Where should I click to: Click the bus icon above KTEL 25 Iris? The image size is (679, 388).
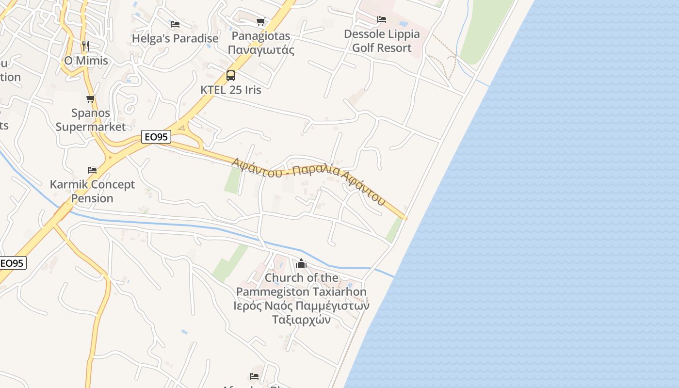(231, 76)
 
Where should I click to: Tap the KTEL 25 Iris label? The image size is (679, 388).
(231, 90)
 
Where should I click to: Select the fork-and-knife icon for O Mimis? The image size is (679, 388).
(86, 46)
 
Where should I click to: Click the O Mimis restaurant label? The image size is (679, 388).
(86, 61)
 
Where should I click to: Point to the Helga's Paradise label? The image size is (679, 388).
(175, 38)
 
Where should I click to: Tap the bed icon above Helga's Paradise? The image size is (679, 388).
(175, 24)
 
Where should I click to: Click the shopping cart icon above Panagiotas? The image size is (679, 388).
(261, 21)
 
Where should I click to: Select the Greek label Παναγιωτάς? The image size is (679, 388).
(261, 49)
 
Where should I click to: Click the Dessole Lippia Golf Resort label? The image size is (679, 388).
(382, 41)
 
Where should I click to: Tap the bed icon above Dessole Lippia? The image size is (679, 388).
(382, 19)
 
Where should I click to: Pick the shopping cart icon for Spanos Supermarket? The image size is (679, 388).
(90, 99)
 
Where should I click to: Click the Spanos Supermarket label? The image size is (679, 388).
(91, 120)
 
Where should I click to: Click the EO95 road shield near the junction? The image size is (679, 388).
(156, 137)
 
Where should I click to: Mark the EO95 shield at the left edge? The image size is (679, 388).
(12, 263)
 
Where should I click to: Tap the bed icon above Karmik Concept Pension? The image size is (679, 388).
(92, 170)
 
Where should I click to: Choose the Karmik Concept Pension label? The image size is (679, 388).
(92, 191)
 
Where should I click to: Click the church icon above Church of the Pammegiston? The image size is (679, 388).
(301, 263)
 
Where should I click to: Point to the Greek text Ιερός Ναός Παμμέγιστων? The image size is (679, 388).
(301, 306)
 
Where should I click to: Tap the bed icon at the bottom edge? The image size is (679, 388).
(254, 376)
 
